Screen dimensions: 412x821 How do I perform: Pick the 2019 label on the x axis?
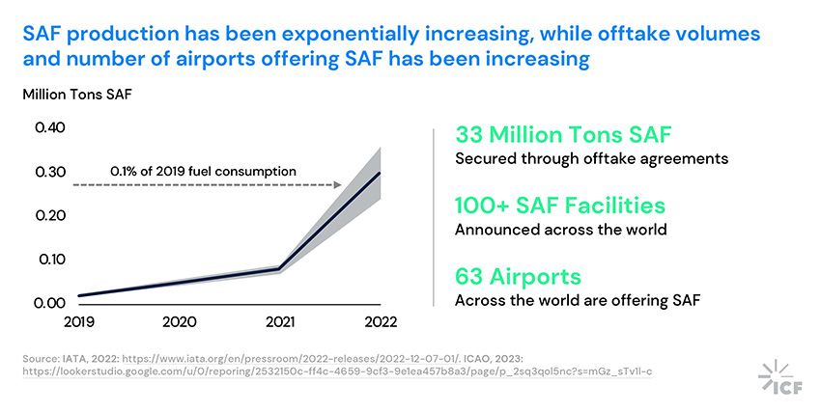point(79,321)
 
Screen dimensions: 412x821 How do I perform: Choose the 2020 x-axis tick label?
point(180,321)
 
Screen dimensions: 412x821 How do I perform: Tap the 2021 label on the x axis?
point(280,321)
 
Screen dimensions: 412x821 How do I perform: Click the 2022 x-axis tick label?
point(380,321)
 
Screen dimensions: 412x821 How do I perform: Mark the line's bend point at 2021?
point(280,268)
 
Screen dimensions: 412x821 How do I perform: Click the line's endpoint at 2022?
point(380,173)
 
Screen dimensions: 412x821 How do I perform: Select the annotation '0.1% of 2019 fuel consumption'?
point(203,171)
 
